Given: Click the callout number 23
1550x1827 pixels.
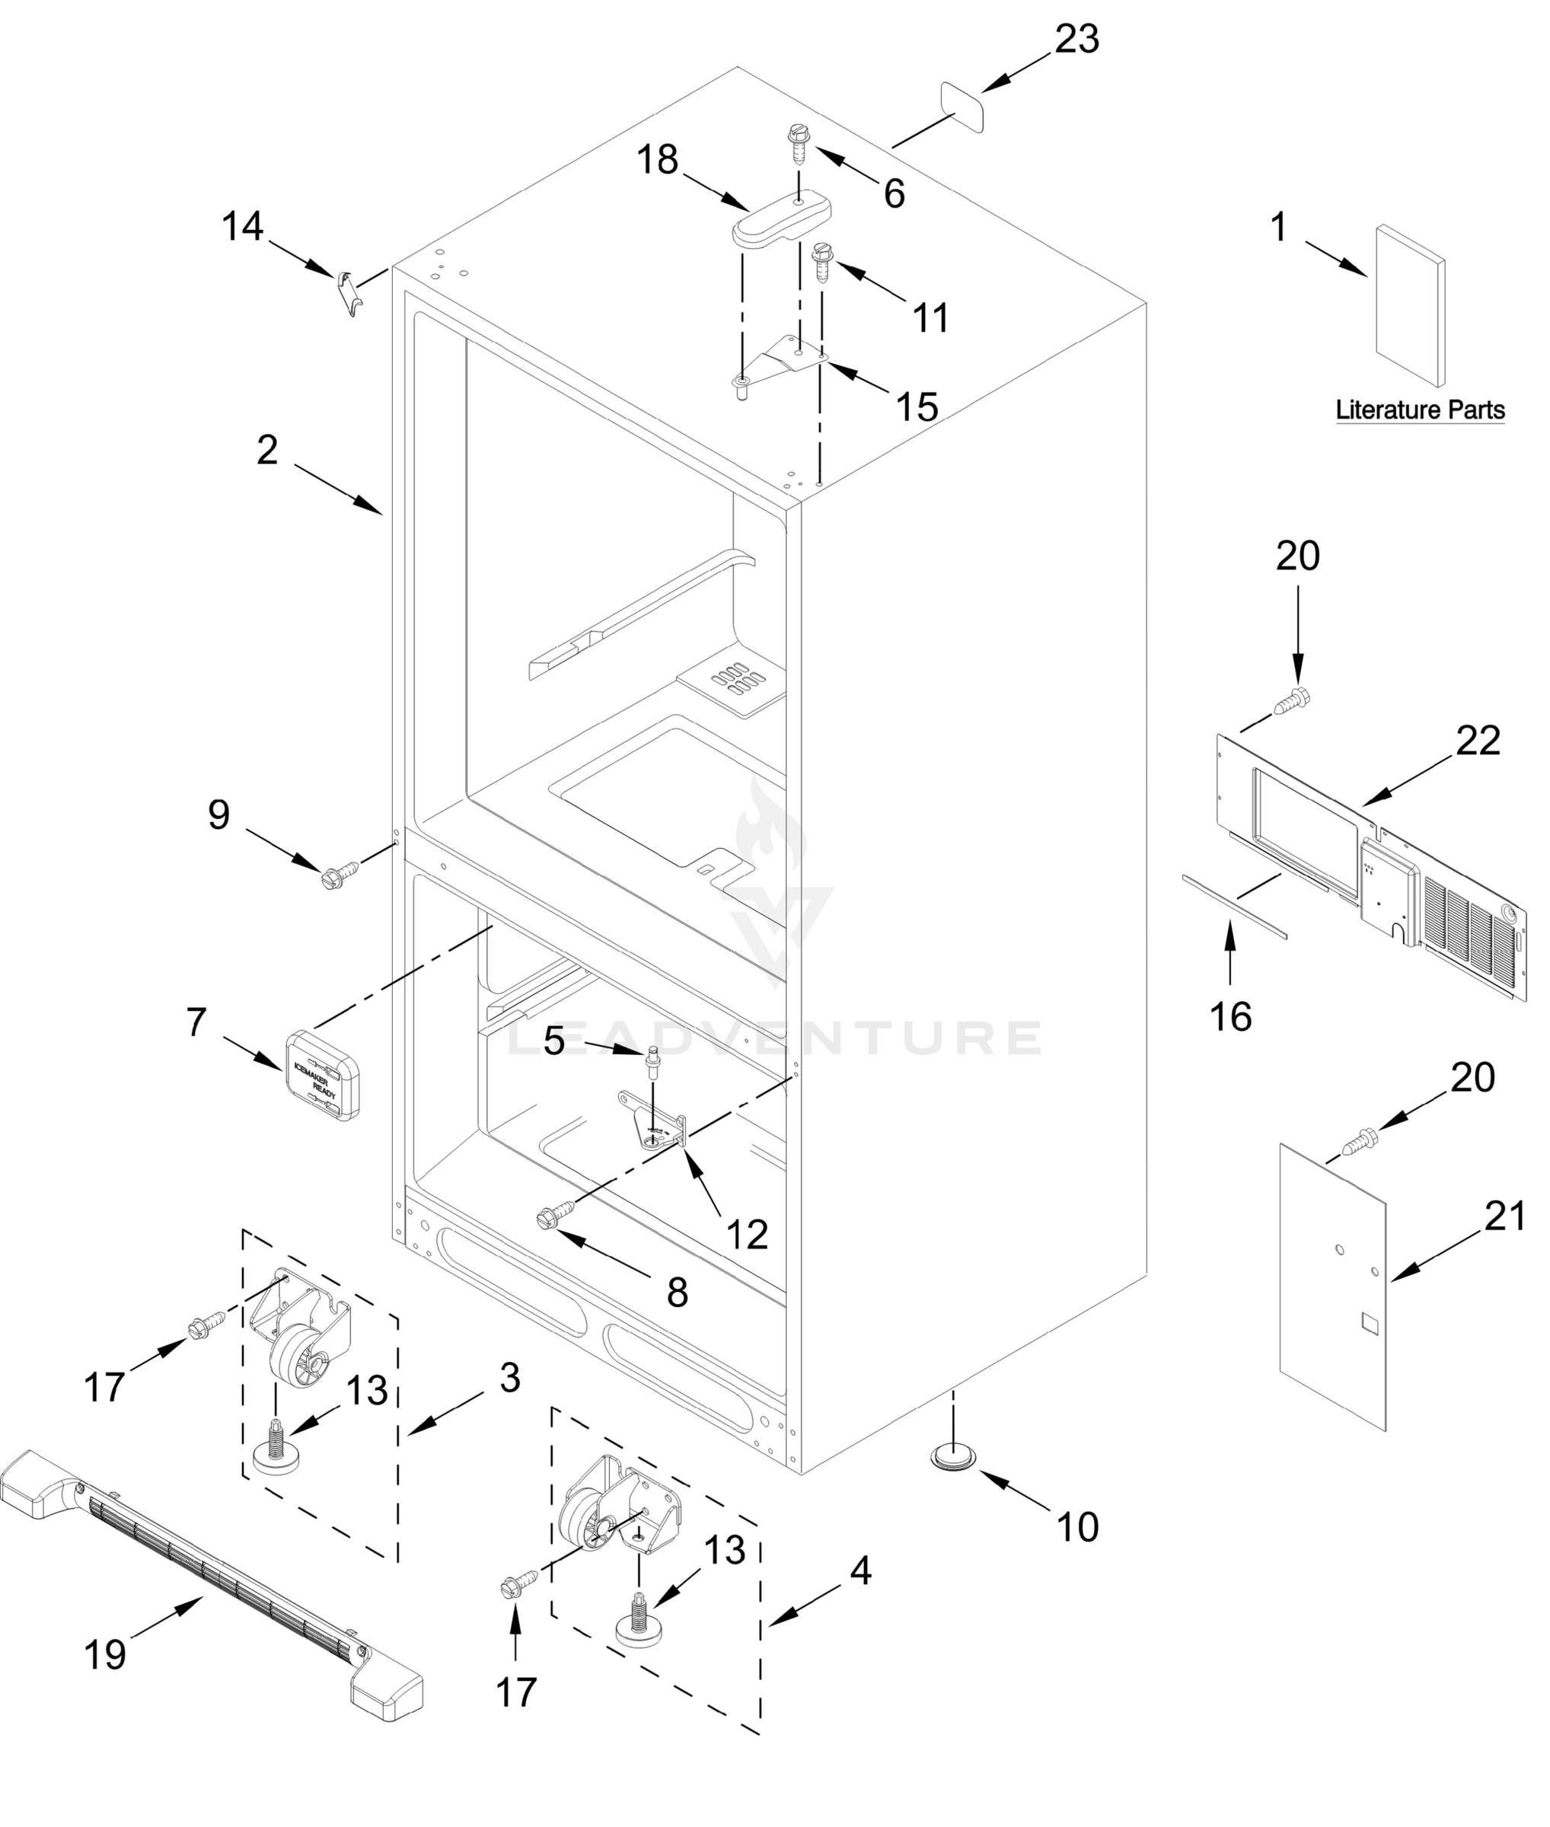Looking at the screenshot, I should (x=1076, y=40).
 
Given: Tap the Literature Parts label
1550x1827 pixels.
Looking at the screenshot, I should (x=1420, y=410).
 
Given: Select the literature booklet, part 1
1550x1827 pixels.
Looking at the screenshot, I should (x=1409, y=305).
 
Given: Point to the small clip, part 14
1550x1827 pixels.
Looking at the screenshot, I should (x=349, y=294).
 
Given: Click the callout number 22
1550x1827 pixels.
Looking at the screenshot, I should (x=1478, y=741).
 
